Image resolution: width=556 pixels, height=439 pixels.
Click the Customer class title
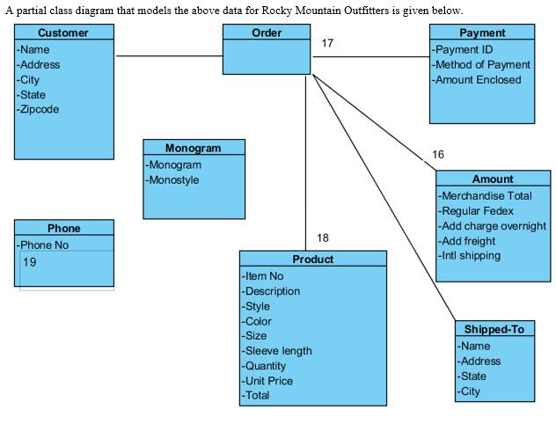click(x=63, y=33)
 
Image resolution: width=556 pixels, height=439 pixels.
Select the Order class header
click(x=267, y=33)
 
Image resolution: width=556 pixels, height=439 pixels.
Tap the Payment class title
click(x=482, y=33)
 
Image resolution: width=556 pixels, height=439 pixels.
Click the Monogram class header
click(x=194, y=148)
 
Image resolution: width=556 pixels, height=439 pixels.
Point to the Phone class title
click(x=63, y=229)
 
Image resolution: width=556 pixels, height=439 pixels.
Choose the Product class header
click(x=312, y=260)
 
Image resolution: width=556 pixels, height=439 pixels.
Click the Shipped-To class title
click(x=494, y=329)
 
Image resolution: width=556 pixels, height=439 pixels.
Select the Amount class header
click(x=493, y=179)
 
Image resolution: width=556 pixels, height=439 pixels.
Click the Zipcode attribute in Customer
click(x=40, y=109)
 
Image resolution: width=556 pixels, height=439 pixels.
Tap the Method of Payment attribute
click(x=482, y=64)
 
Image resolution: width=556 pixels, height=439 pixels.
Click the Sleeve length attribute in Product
click(x=278, y=351)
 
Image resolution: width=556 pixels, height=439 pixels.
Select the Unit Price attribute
click(x=269, y=381)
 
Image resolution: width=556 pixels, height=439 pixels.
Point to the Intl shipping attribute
click(x=471, y=256)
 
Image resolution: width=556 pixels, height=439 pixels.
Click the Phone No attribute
click(x=44, y=245)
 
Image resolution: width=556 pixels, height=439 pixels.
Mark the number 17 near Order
click(x=327, y=43)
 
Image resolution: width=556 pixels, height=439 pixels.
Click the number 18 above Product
click(x=323, y=238)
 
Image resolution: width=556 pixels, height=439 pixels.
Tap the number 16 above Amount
click(x=438, y=155)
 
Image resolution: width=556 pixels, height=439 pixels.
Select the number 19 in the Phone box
click(x=30, y=262)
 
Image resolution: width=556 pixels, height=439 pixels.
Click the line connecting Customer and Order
click(x=169, y=56)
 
